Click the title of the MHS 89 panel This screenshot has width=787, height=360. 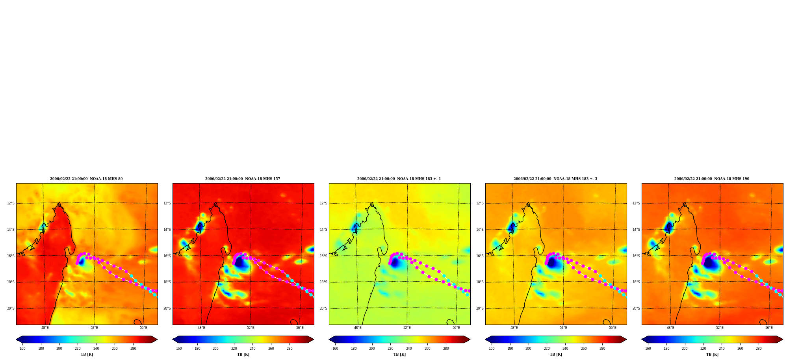pyautogui.click(x=86, y=179)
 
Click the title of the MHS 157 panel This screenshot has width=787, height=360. pyautogui.click(x=243, y=179)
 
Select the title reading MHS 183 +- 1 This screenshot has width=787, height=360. pyautogui.click(x=399, y=179)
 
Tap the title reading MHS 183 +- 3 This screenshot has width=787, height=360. pyautogui.click(x=555, y=179)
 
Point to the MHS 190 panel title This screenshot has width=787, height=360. pyautogui.click(x=712, y=179)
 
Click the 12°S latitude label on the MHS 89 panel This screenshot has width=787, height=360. pyautogui.click(x=11, y=203)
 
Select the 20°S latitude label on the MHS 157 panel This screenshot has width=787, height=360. pyautogui.click(x=167, y=308)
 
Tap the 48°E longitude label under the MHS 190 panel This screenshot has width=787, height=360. pyautogui.click(x=670, y=328)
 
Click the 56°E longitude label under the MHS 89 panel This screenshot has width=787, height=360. pyautogui.click(x=143, y=328)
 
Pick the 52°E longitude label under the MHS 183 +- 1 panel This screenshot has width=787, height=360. pyautogui.click(x=407, y=328)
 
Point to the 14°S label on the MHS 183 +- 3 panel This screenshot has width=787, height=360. pyautogui.click(x=480, y=230)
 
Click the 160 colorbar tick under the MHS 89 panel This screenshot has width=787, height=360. pyautogui.click(x=22, y=349)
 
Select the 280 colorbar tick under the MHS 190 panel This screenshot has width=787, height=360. pyautogui.click(x=759, y=349)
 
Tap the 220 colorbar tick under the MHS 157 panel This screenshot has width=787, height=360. pyautogui.click(x=234, y=349)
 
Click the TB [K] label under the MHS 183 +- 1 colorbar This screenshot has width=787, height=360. pyautogui.click(x=399, y=354)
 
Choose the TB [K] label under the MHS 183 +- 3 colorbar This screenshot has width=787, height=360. pyautogui.click(x=556, y=354)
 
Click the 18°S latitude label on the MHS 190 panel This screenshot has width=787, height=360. pyautogui.click(x=636, y=282)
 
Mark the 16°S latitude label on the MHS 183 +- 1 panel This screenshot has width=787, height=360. pyautogui.click(x=323, y=256)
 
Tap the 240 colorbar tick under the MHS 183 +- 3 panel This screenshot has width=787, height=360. pyautogui.click(x=565, y=349)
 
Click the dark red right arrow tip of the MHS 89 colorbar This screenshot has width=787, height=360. pyautogui.click(x=157, y=340)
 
